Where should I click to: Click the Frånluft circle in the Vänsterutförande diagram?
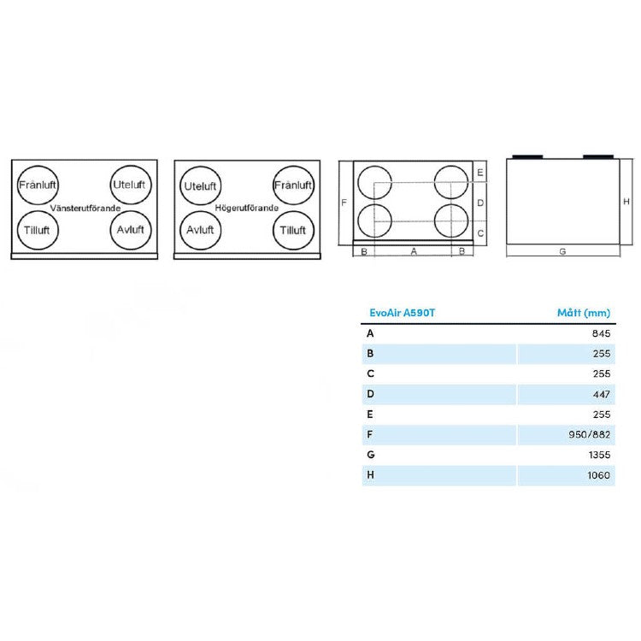(36, 184)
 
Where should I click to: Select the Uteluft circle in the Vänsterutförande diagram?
(129, 184)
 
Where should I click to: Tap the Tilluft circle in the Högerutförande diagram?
(292, 229)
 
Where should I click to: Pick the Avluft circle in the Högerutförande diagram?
(199, 229)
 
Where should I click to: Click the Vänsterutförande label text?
(85, 208)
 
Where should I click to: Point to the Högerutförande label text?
(246, 208)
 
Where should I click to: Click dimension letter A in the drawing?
(414, 251)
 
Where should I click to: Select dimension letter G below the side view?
(562, 252)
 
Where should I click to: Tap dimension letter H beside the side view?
(626, 202)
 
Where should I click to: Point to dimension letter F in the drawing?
(343, 203)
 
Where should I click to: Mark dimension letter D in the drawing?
(480, 203)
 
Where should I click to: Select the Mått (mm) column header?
(585, 313)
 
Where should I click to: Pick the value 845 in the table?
(603, 334)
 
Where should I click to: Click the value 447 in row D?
(603, 394)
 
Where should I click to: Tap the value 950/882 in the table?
(592, 434)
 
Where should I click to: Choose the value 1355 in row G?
(600, 455)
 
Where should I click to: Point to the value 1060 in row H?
(600, 475)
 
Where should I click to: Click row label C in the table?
(370, 373)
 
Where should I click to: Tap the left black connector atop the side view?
(526, 156)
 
